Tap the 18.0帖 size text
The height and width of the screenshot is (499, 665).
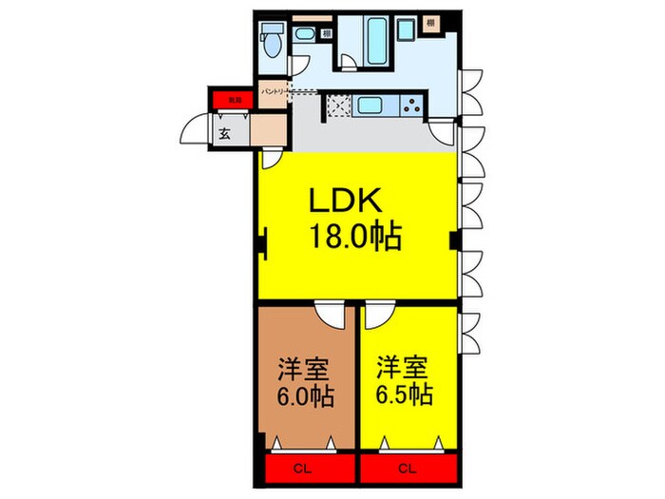click(x=354, y=235)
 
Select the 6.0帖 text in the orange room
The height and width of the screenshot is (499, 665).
click(x=305, y=395)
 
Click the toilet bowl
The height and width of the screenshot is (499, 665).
click(x=272, y=42)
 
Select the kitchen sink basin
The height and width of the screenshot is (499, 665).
click(x=368, y=106)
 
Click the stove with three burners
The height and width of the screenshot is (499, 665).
click(x=411, y=107)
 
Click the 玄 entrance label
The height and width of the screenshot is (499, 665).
click(x=225, y=134)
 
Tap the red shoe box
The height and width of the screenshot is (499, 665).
click(x=228, y=98)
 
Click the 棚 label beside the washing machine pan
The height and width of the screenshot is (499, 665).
click(x=430, y=22)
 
